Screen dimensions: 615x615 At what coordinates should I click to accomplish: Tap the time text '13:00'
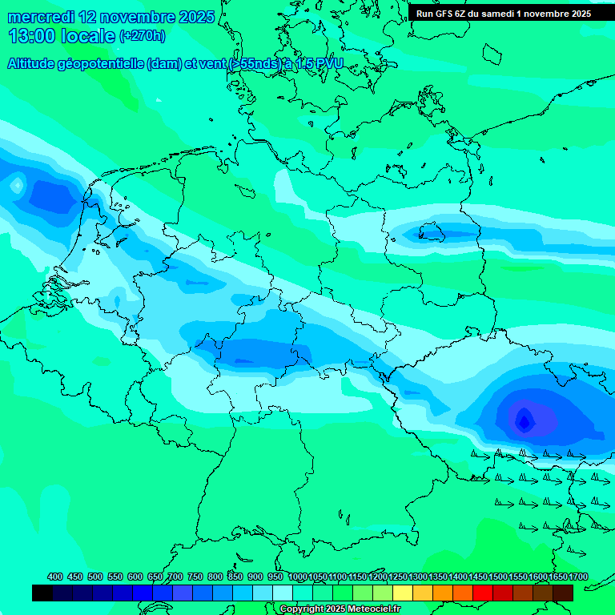click(32, 36)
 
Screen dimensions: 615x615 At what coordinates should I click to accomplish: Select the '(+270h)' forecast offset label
click(143, 36)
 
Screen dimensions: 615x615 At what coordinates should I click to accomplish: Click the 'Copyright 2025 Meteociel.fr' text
click(340, 609)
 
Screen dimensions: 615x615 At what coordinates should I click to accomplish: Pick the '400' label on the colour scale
click(55, 577)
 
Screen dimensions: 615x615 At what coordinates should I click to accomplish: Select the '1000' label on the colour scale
click(297, 577)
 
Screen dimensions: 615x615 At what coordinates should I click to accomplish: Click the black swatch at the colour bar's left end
click(42, 593)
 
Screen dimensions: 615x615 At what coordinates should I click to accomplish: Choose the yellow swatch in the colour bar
click(403, 593)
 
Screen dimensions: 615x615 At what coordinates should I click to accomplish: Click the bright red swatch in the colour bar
click(482, 593)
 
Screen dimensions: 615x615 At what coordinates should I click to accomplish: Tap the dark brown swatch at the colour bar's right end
click(563, 593)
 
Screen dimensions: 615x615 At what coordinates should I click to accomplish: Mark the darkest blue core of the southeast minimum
click(524, 420)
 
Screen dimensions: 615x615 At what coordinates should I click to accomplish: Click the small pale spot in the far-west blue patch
click(17, 185)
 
